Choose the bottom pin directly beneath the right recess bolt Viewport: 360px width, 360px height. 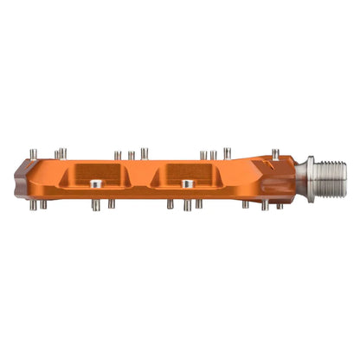(x=185, y=205)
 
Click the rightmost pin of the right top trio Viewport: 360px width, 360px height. (x=227, y=152)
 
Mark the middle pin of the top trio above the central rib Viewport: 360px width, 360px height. (x=132, y=156)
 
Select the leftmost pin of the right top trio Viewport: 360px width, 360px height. (x=202, y=155)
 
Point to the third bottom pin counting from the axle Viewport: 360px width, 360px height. (x=246, y=204)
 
